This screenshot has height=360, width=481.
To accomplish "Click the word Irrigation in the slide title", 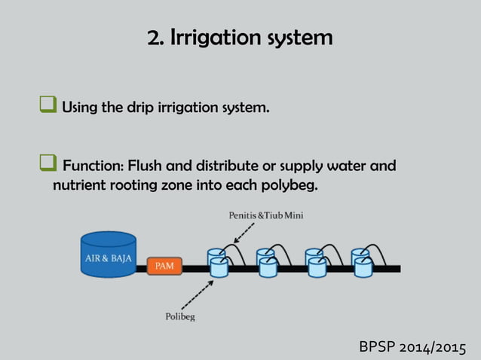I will coord(213,38).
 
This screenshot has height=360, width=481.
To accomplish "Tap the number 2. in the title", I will coord(156,38).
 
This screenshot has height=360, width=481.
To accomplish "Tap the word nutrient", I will coord(79,184).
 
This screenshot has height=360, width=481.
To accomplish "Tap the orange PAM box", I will coord(164,266).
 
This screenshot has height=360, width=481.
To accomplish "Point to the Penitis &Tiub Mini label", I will coord(265,215).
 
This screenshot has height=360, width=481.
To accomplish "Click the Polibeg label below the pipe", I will coord(179,316).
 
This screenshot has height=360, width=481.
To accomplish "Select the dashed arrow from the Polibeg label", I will coord(198,294).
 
